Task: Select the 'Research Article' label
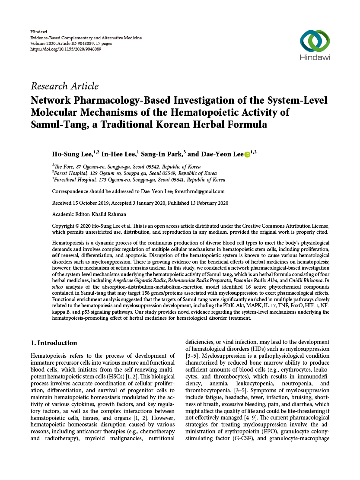[64, 86]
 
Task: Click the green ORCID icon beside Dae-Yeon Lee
[247, 155]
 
